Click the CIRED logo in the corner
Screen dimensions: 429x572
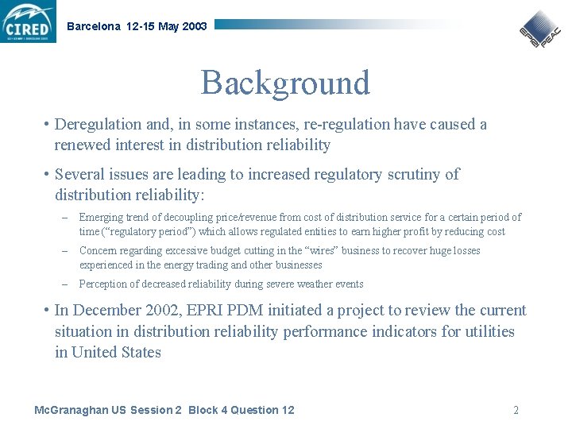[x=29, y=21]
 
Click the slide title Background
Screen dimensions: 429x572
[x=285, y=83]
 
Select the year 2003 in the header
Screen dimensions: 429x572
[x=194, y=26]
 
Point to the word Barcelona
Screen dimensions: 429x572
[x=94, y=26]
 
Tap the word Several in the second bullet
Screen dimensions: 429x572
[x=79, y=175]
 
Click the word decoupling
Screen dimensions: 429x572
[x=172, y=217]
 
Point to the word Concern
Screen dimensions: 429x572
[x=99, y=251]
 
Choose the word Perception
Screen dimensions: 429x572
[x=103, y=284]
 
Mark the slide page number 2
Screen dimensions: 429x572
[x=516, y=410]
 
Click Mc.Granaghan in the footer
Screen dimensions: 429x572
[x=68, y=410]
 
